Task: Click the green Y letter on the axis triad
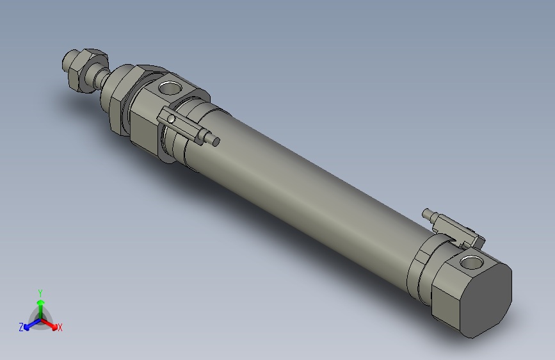[x=40, y=292]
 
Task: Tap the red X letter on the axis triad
[x=60, y=328]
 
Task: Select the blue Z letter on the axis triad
[x=21, y=327]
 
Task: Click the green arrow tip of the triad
[x=40, y=302]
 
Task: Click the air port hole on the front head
[x=172, y=86]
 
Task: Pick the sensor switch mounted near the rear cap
[x=457, y=230]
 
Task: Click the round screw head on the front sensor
[x=171, y=119]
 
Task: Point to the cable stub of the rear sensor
[x=430, y=214]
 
